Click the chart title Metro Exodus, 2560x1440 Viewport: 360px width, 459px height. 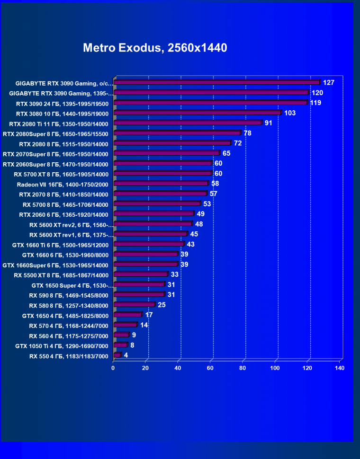(155, 48)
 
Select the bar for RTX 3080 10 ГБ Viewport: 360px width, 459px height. (197, 113)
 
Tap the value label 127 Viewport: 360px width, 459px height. (329, 82)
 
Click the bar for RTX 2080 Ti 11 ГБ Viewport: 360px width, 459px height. (188, 123)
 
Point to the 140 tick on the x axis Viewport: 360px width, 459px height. (339, 368)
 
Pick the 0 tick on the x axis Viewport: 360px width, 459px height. (113, 368)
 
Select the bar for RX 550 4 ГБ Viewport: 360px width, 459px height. (117, 355)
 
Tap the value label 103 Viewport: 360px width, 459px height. (290, 113)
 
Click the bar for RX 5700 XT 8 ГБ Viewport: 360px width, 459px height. (162, 174)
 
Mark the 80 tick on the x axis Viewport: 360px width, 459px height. (243, 368)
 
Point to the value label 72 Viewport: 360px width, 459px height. (238, 143)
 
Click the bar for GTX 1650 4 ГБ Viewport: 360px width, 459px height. (127, 315)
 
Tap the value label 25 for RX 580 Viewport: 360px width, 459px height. (162, 304)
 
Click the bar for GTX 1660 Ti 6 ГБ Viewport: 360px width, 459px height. (149, 244)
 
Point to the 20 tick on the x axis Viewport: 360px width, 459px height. (145, 368)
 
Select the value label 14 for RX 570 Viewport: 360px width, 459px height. (144, 325)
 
